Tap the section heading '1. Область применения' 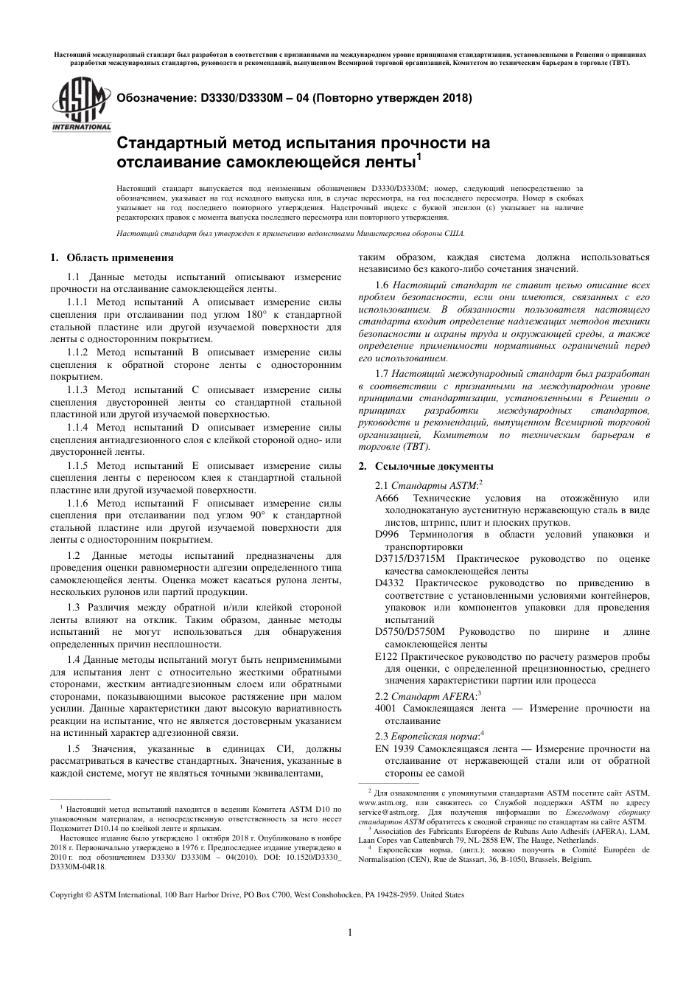point(111,257)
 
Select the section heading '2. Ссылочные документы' point(425,466)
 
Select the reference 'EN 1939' point(393,748)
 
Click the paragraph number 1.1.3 point(79,389)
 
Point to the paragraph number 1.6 point(382,285)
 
